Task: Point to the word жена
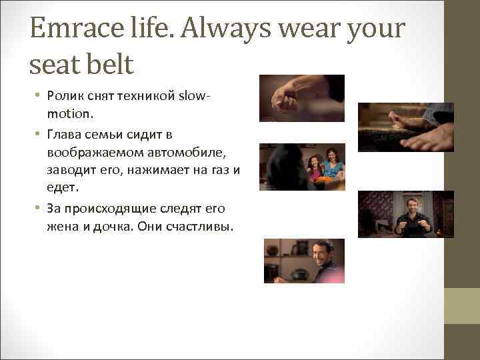click(63, 227)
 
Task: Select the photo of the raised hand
click(301, 98)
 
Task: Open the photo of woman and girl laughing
click(301, 167)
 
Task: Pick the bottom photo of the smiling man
click(304, 261)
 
